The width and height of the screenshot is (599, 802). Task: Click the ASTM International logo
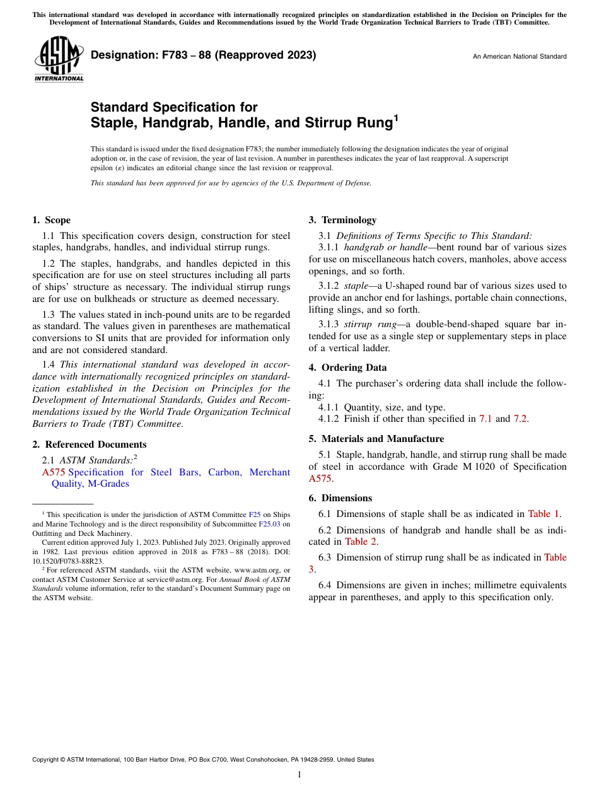tap(59, 59)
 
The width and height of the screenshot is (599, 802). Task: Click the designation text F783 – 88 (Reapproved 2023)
tap(203, 55)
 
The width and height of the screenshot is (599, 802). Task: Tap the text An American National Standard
tap(519, 57)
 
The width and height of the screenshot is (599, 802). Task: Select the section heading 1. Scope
tap(51, 220)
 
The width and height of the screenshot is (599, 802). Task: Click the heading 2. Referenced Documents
tap(89, 445)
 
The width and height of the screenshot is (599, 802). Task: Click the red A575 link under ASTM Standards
tap(54, 472)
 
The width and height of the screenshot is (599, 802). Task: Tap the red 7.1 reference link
tap(486, 419)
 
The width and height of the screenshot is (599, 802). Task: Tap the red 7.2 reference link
tap(520, 419)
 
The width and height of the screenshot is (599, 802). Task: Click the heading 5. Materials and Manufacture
tap(376, 439)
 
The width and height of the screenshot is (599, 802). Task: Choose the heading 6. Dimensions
tap(340, 498)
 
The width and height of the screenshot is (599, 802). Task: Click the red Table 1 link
tap(544, 514)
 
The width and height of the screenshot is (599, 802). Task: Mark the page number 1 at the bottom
tap(299, 775)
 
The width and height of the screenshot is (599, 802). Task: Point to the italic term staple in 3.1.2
tap(356, 286)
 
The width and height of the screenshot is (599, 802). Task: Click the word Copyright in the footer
tap(47, 760)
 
